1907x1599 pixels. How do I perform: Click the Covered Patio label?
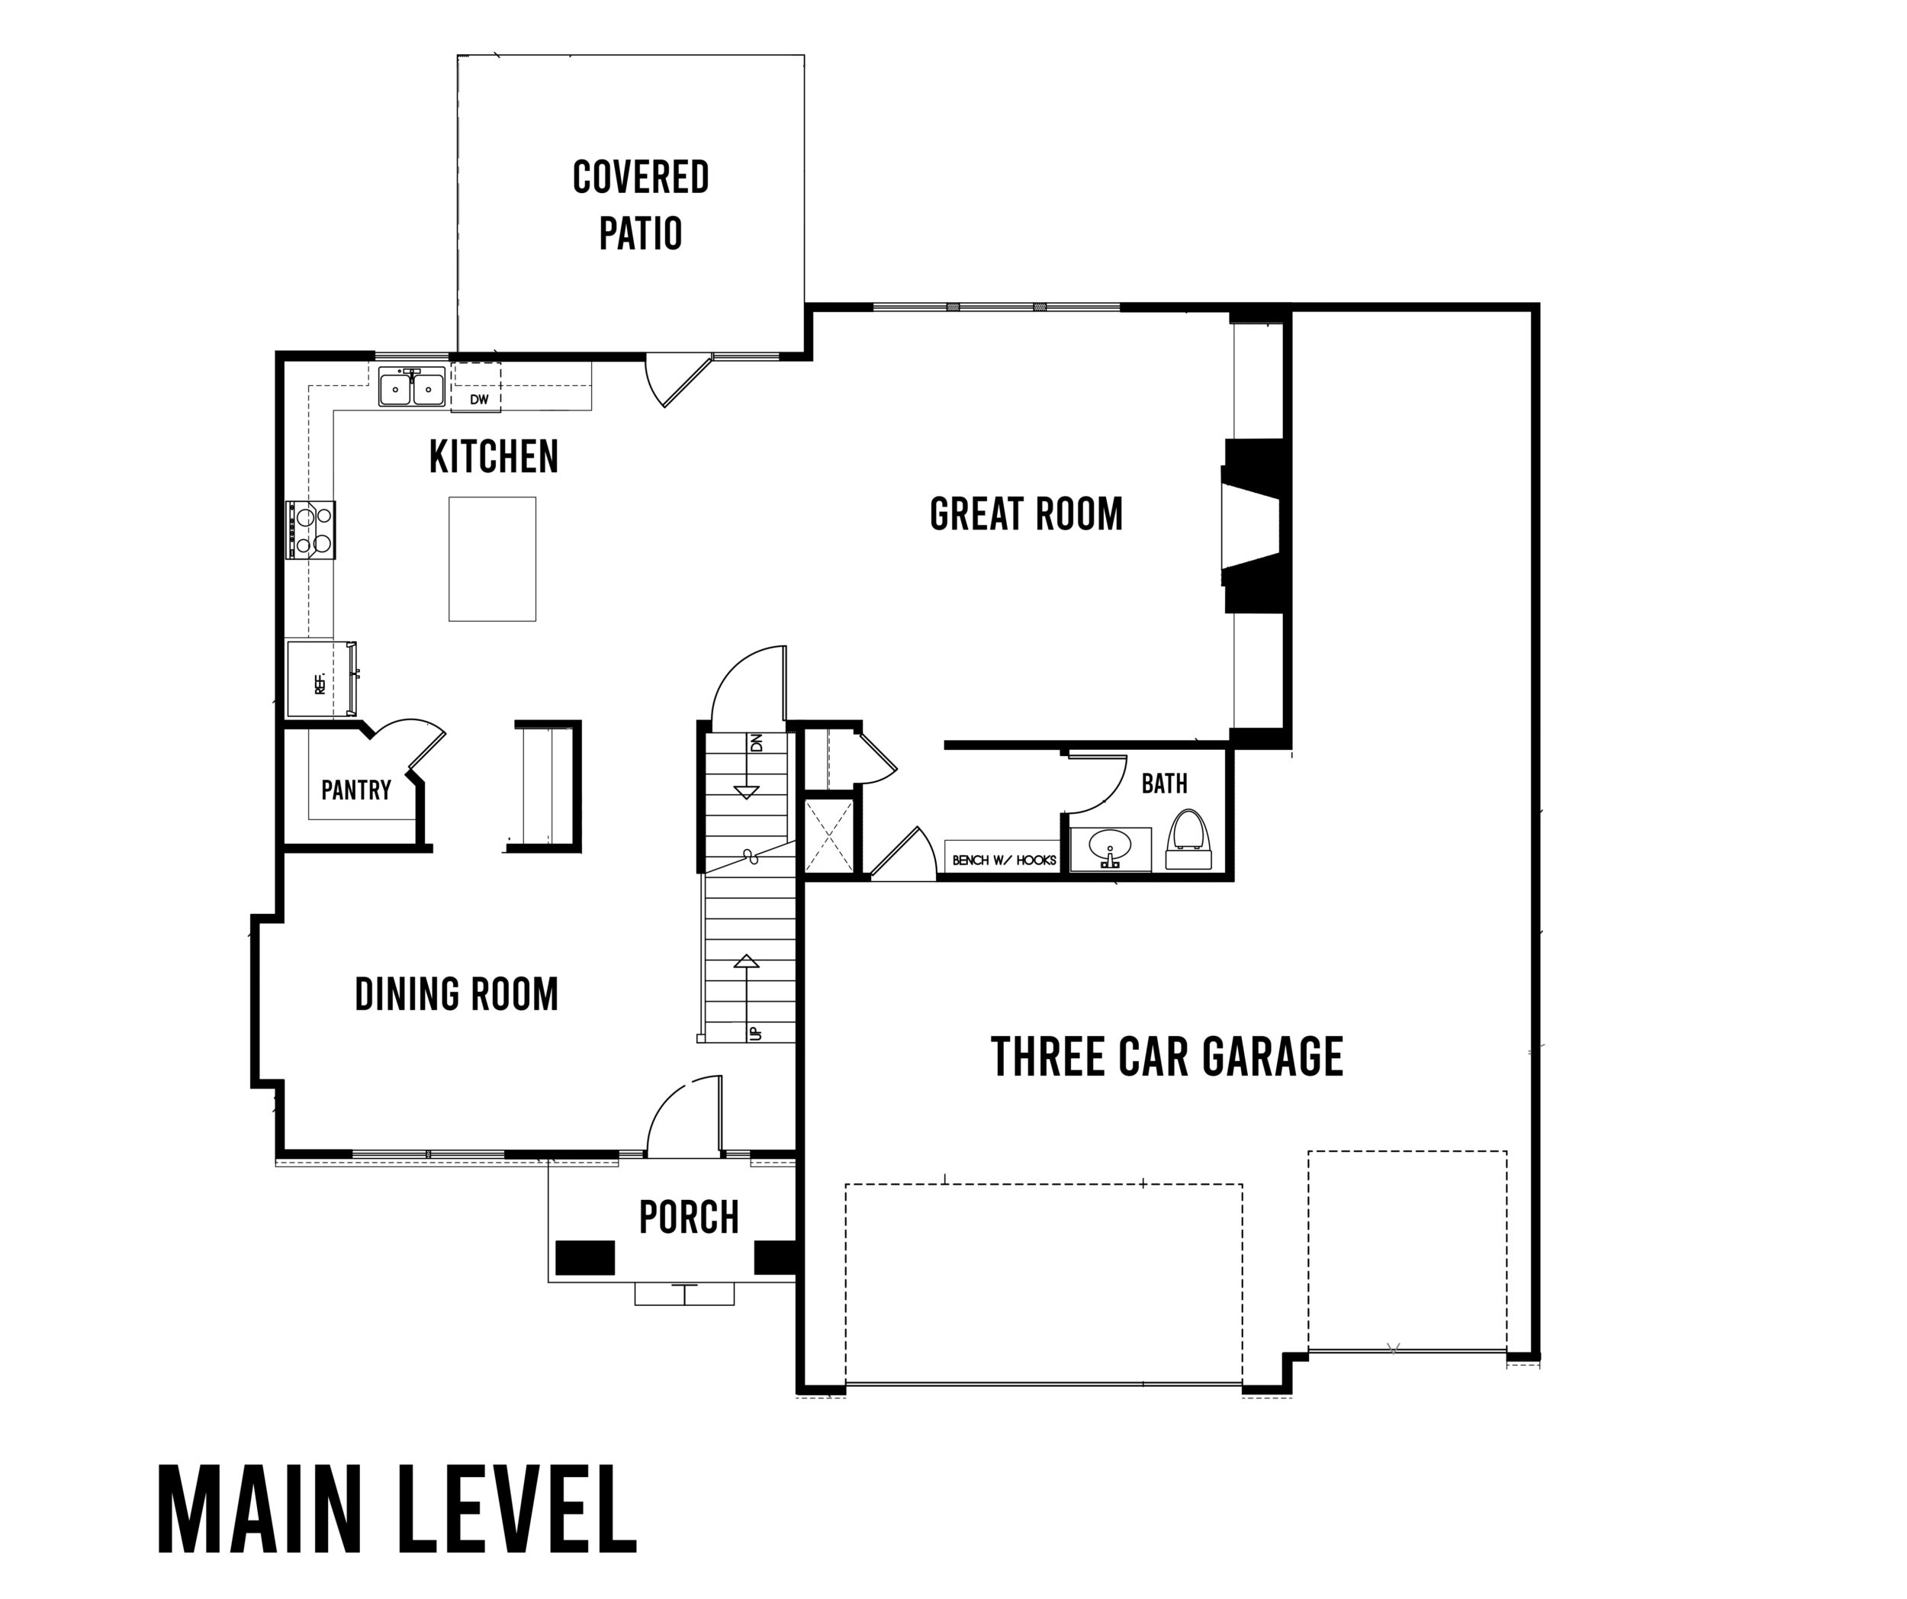640,205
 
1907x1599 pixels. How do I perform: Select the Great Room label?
1026,514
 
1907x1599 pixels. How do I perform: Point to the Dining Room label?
456,994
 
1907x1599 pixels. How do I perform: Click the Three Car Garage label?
1167,1057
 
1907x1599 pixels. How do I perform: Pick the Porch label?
690,1218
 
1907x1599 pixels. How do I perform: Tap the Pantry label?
356,790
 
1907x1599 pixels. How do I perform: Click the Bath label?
1164,783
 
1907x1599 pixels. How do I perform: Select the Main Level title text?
397,1510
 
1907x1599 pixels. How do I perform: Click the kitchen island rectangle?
492,558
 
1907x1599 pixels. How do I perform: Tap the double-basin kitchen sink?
412,388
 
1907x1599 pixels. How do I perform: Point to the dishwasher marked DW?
477,388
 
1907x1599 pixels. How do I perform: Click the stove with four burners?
311,529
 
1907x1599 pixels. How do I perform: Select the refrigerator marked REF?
321,679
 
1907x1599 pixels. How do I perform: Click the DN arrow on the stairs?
747,764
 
